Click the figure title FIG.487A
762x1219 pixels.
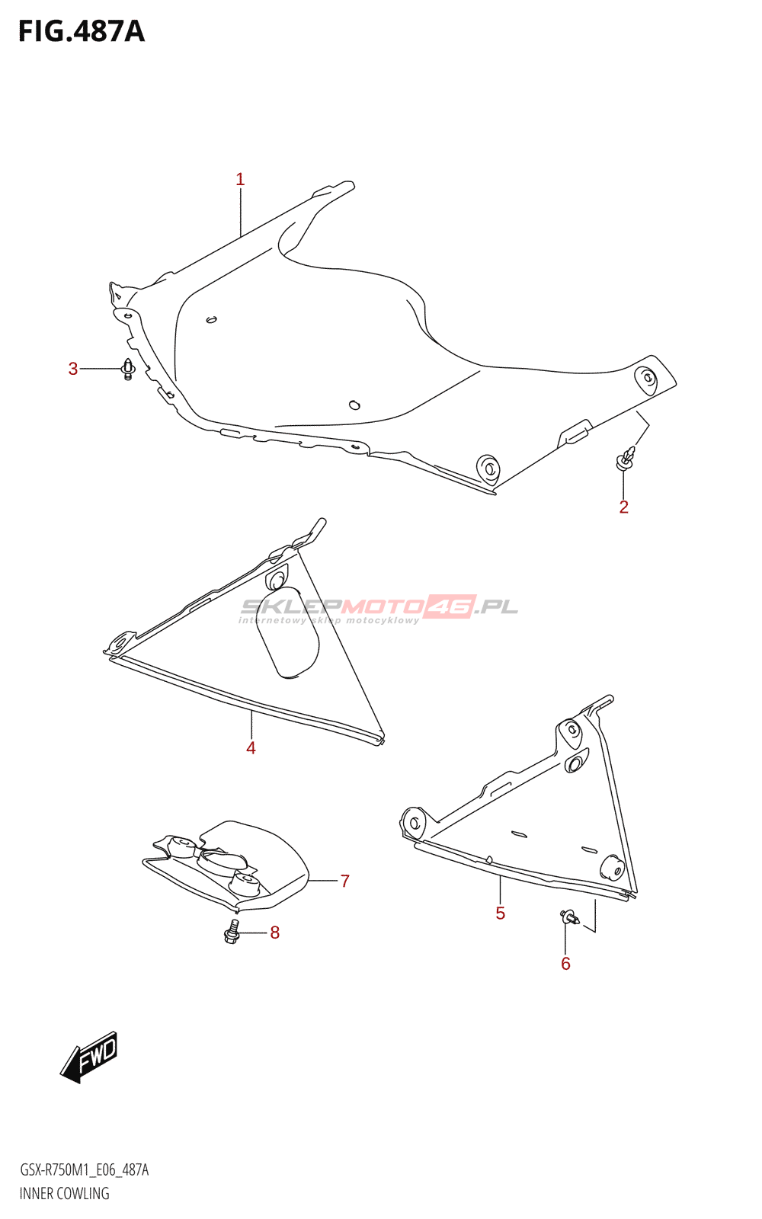click(x=81, y=31)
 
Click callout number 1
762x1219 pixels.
click(x=240, y=180)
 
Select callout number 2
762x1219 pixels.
click(x=623, y=507)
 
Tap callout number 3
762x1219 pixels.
click(x=73, y=370)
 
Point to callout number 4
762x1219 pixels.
click(x=251, y=748)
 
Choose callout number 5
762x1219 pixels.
click(x=500, y=913)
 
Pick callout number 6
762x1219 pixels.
click(x=565, y=964)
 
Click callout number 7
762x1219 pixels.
click(x=344, y=881)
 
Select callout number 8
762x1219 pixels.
click(x=274, y=933)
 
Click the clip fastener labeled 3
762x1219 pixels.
click(x=128, y=370)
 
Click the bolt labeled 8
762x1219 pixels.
click(x=232, y=932)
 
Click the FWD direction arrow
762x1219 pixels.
click(x=90, y=1057)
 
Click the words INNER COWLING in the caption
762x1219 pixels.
click(x=64, y=1194)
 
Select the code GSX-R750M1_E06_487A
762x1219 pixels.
click(x=84, y=1170)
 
